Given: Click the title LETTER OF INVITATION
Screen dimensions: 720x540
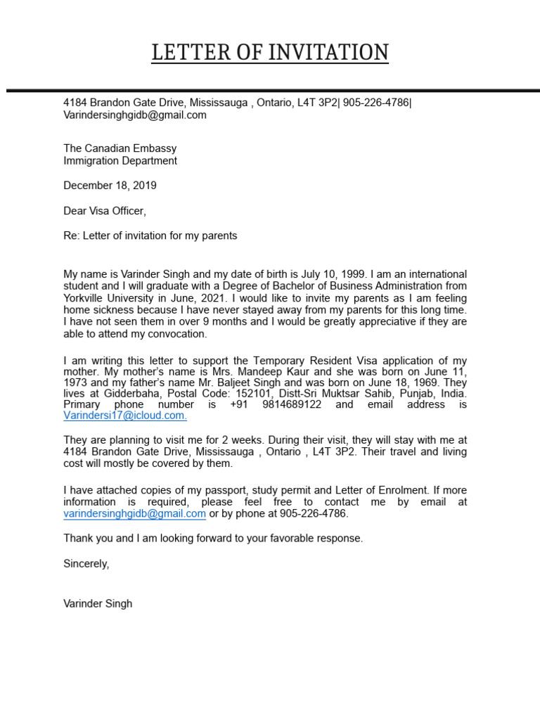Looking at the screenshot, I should click(x=270, y=53).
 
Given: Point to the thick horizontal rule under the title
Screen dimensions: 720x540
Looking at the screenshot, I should click(x=270, y=91).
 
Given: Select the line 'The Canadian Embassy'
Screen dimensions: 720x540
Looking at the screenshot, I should click(x=120, y=148).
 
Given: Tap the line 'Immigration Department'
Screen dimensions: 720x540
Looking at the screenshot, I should click(x=120, y=160).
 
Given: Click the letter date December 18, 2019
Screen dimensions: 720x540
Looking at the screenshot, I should click(x=110, y=186).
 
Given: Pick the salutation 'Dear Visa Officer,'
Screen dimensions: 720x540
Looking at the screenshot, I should click(x=105, y=210).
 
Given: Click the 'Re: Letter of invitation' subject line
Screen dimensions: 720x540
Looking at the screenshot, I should click(x=150, y=236).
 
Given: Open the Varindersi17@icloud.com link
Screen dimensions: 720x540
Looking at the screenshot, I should click(x=125, y=416).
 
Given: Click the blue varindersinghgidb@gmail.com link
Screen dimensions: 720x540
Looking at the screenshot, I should click(x=135, y=513).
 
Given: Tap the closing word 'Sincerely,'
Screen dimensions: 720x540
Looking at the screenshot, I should click(x=86, y=563).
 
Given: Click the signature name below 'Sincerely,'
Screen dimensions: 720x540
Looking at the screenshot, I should click(x=98, y=603).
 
